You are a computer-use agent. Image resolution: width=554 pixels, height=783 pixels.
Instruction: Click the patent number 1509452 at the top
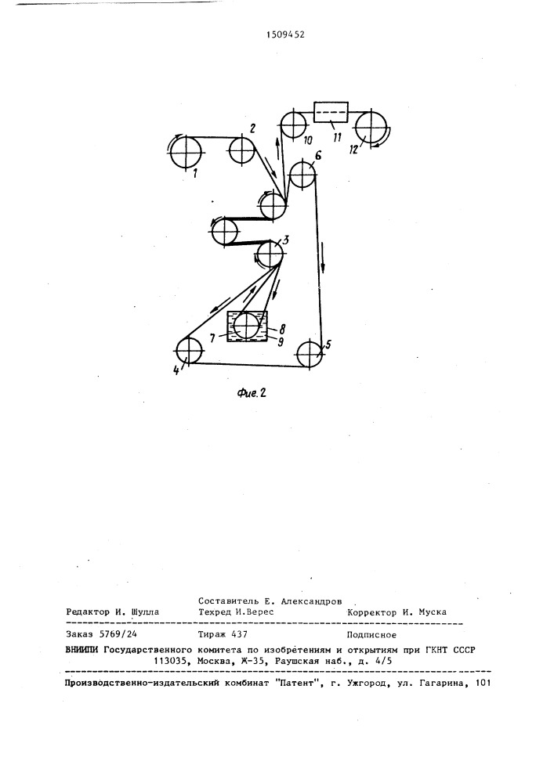coord(285,34)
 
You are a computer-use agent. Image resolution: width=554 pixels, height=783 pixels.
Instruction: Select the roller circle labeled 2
coord(242,150)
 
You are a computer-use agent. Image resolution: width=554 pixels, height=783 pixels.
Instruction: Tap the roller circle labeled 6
coord(302,175)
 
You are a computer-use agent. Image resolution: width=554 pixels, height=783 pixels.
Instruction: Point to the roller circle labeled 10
coord(292,124)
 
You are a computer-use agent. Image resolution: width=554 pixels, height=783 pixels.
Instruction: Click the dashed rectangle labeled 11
coord(331,111)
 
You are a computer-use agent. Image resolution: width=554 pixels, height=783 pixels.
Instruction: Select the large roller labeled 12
coord(372,128)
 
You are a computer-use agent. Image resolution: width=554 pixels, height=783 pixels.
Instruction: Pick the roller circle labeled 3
coord(270,254)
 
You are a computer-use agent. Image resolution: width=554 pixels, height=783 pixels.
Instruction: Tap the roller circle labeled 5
coord(310,354)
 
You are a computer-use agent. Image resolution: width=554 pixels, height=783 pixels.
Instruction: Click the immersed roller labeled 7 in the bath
coord(247,326)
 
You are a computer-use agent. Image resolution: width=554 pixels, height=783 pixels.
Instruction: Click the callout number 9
coord(281,341)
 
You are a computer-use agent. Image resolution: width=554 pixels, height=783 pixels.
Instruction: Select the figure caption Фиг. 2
coord(252,393)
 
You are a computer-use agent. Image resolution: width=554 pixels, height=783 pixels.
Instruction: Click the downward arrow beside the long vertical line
coord(323,258)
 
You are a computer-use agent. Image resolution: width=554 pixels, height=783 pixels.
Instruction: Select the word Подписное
coord(371,635)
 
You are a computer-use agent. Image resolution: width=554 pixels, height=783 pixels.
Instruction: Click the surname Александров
coord(312,601)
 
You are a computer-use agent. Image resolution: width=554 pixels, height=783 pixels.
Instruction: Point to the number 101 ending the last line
coord(483,683)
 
